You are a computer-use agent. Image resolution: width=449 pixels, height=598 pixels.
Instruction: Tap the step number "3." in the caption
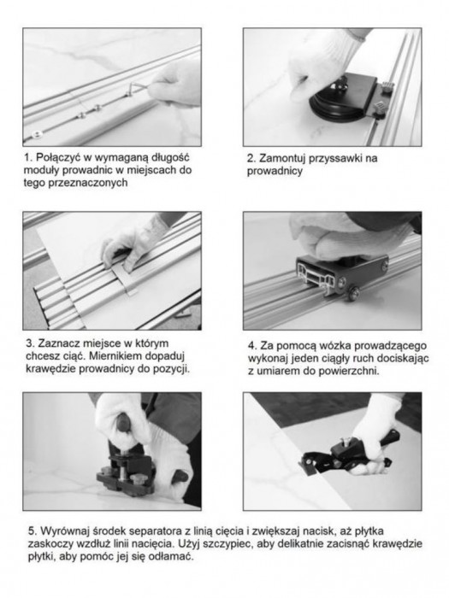(31, 343)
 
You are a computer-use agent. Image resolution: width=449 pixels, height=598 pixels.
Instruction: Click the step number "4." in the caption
(253, 346)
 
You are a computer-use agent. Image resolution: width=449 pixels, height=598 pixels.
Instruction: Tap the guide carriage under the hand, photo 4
(341, 275)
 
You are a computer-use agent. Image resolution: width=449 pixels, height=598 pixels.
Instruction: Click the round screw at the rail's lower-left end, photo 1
(37, 133)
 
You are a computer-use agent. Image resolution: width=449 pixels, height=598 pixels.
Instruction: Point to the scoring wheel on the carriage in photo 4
(352, 293)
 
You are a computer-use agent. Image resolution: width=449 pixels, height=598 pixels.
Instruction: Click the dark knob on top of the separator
(123, 423)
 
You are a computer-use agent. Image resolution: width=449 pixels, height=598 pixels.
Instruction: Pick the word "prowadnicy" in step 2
(275, 171)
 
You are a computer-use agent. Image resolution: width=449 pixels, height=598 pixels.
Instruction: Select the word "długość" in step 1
(170, 158)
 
